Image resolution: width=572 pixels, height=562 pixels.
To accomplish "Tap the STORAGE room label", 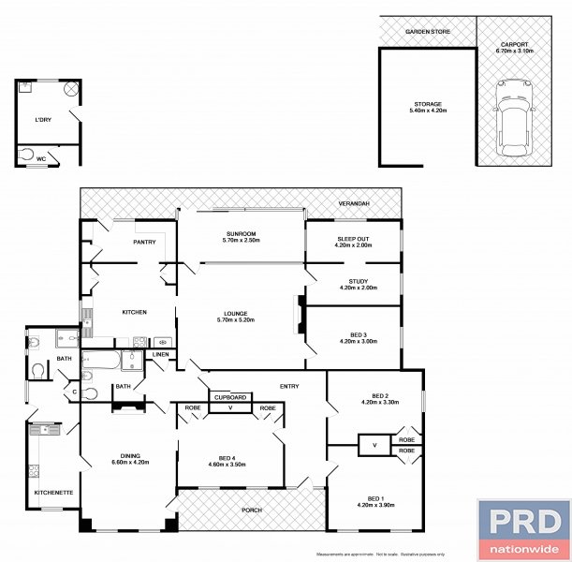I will tap(427, 104).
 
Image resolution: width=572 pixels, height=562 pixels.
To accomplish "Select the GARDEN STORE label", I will tap(427, 32).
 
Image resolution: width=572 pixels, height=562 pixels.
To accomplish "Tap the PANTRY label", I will tap(144, 242).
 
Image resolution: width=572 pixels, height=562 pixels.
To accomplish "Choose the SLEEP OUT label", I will tap(354, 240).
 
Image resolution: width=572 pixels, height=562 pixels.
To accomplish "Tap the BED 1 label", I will tap(374, 498).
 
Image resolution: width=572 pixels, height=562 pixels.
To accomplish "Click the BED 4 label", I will tap(227, 460).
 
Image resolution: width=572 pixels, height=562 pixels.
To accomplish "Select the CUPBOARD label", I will tap(229, 398).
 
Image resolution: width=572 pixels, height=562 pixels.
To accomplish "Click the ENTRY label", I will tap(289, 386).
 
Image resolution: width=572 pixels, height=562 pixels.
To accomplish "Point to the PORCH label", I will tap(250, 510).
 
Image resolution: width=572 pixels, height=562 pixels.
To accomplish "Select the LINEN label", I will tap(161, 354).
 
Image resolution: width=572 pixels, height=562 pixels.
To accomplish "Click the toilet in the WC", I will tap(26, 154).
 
